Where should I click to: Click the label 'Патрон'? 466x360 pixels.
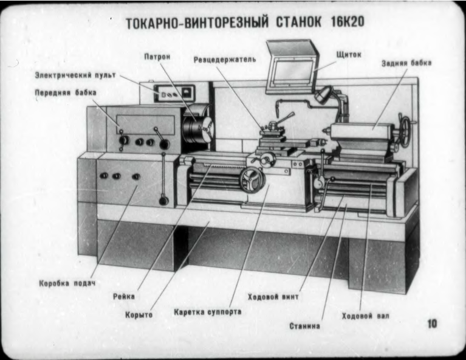pos(157,57)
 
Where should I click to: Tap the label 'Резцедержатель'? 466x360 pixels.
pos(225,60)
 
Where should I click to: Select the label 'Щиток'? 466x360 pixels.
pos(349,54)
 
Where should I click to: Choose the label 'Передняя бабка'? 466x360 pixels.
pos(65,92)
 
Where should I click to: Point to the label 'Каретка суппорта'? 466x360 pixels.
pos(207,312)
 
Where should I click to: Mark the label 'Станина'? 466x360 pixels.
pos(304,327)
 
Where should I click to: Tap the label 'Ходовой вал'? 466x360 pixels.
pos(366,316)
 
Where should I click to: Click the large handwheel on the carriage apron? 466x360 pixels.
pos(251,181)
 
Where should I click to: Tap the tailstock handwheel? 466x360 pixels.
pos(405,129)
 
